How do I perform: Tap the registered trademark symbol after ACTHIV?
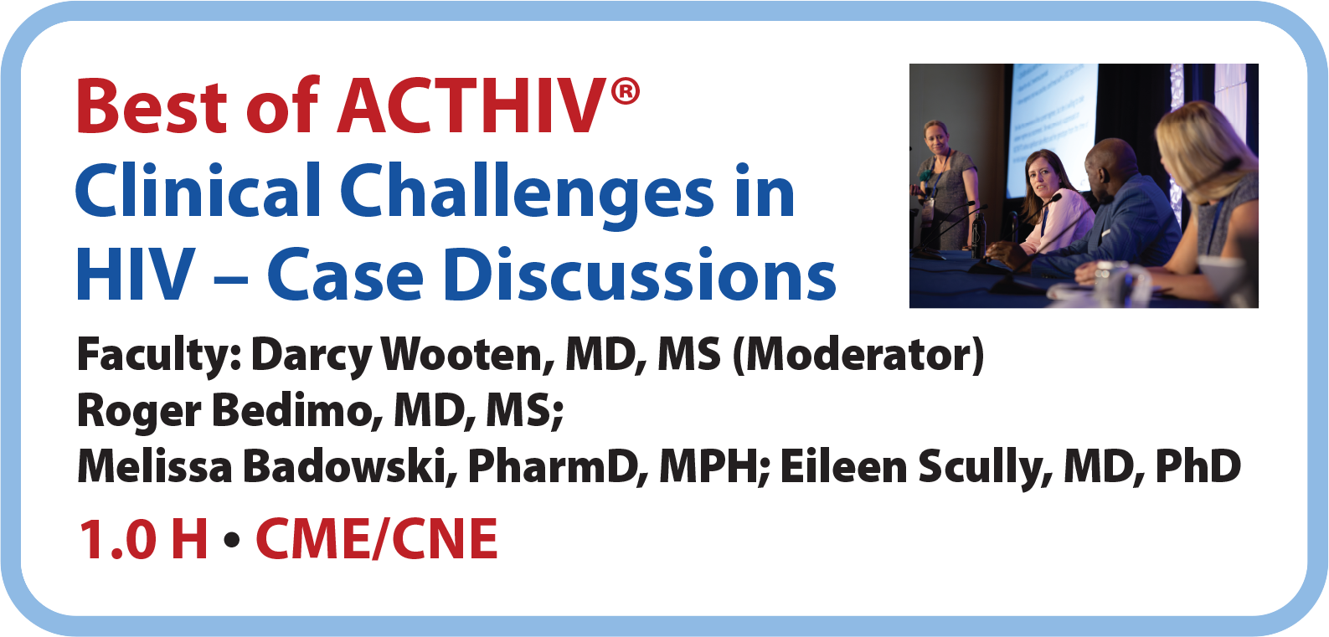coord(625,92)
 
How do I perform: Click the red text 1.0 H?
coord(142,539)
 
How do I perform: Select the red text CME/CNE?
coord(377,539)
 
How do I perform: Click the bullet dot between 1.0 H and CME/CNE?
coord(232,541)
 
